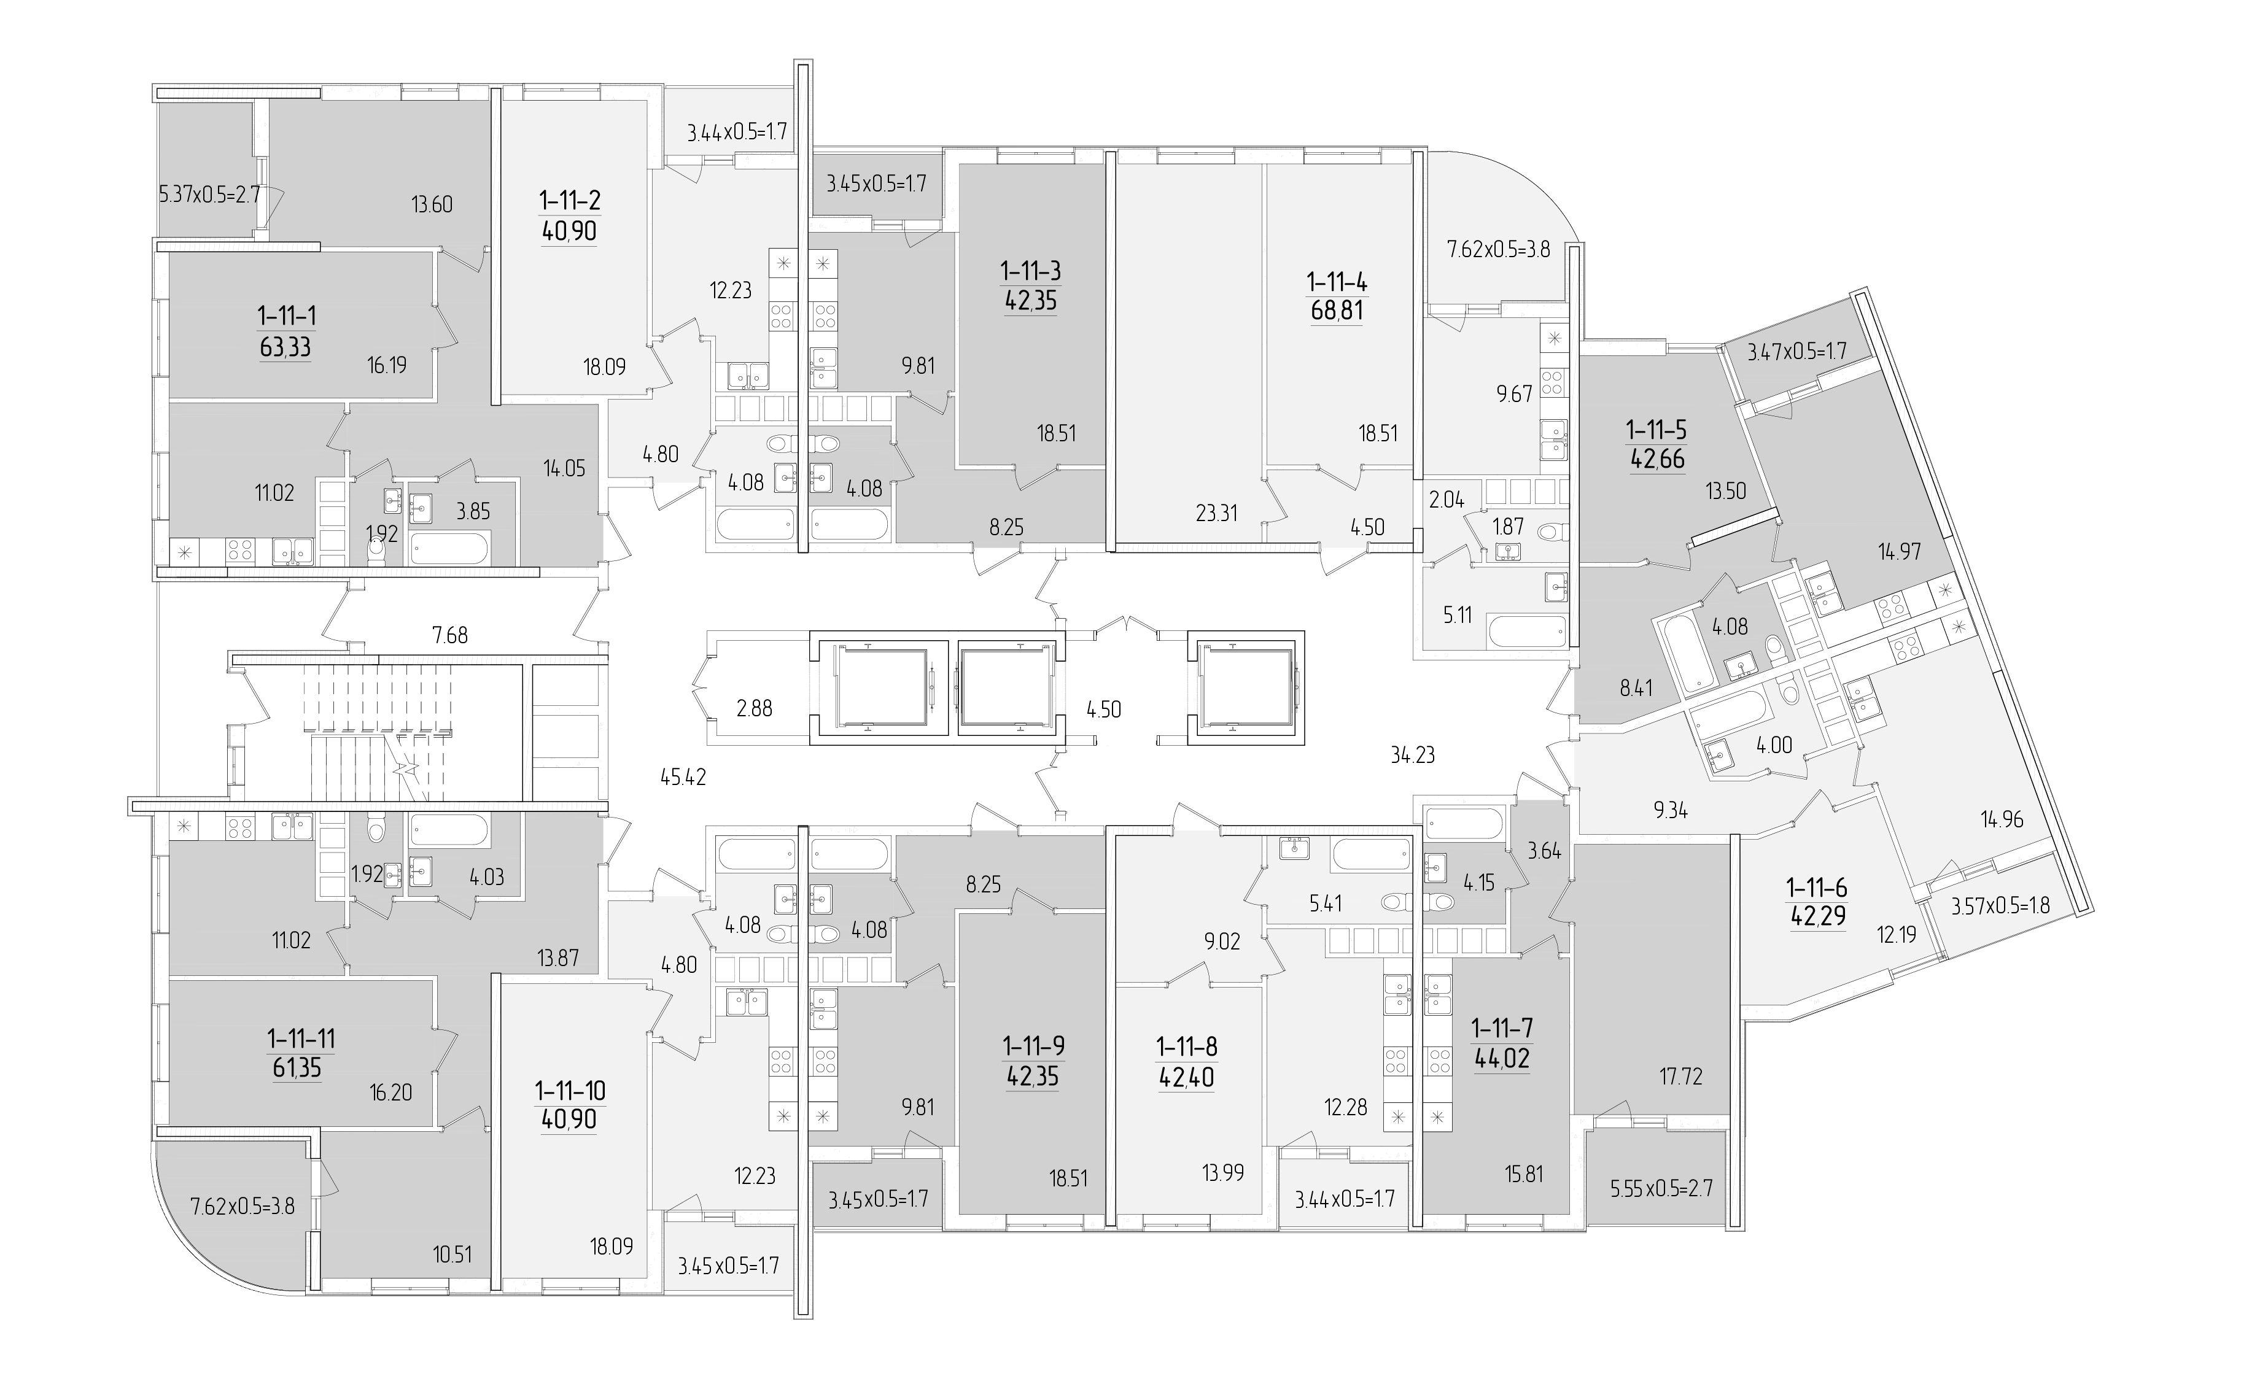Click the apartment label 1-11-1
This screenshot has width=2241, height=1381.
click(x=287, y=316)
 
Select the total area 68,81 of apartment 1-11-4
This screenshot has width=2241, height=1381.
click(x=1337, y=311)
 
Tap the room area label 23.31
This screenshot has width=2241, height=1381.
click(x=1216, y=513)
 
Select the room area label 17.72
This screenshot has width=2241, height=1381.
click(x=1681, y=1077)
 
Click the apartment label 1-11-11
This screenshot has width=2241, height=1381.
click(x=301, y=1039)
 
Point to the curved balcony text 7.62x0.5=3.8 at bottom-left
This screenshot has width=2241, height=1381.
click(x=242, y=1207)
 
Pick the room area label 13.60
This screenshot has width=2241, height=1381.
click(x=432, y=204)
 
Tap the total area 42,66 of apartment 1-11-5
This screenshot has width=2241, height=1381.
click(x=1657, y=458)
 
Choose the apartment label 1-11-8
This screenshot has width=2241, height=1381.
click(x=1187, y=1046)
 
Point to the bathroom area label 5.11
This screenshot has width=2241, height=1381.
click(x=1458, y=614)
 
